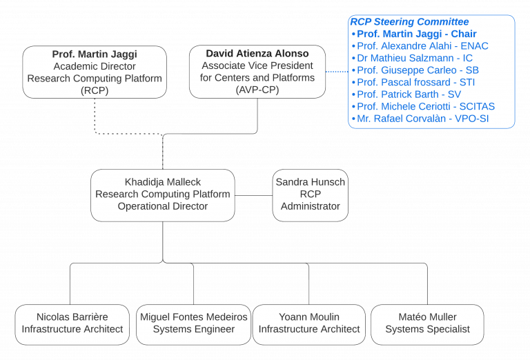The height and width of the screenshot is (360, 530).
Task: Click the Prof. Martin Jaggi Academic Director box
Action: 95,72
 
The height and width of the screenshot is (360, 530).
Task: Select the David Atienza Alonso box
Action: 257,72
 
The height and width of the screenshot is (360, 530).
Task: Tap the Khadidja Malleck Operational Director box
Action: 162,194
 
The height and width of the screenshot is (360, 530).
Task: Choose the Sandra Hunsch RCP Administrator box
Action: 310,194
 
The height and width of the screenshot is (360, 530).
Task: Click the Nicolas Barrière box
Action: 72,323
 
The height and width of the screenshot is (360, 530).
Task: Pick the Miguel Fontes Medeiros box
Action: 193,323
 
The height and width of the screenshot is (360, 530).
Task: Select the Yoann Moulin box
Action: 308,323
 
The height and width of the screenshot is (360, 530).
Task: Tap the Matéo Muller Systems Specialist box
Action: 427,323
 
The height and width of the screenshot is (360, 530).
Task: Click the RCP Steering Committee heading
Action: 409,22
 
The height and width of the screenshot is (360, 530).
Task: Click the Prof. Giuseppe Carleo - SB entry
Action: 418,70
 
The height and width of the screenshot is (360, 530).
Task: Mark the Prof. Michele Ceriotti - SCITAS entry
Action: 425,106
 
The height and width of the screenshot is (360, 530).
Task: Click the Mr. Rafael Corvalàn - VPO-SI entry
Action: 422,119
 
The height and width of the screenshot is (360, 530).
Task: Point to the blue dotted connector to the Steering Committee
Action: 337,71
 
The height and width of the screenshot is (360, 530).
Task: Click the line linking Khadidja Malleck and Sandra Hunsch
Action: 253,195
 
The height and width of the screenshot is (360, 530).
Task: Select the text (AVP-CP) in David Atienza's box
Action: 257,90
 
